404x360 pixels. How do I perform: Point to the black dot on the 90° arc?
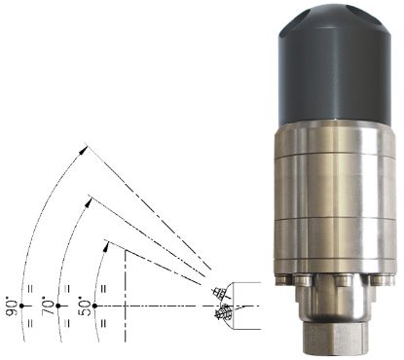[x=21, y=306]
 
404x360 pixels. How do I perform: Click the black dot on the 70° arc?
[x=58, y=306]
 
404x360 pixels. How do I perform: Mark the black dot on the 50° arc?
[x=94, y=306]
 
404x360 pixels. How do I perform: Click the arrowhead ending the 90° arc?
[x=84, y=150]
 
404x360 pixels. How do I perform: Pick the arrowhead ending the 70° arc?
[x=89, y=202]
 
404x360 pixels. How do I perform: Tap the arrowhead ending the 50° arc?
[x=105, y=247]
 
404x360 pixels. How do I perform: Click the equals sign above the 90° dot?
[x=30, y=289]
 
